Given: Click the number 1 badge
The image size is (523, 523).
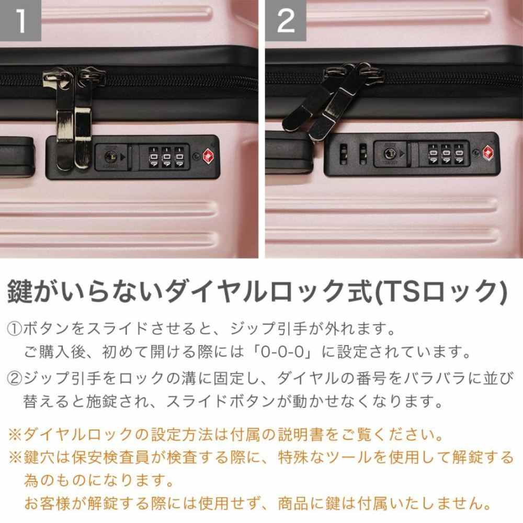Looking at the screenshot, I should (x=20, y=21).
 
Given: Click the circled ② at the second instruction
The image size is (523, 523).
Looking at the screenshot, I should (x=14, y=377).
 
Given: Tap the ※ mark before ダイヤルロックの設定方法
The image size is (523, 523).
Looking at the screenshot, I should (x=14, y=435).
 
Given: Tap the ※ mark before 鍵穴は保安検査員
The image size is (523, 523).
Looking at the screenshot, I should (x=14, y=459).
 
